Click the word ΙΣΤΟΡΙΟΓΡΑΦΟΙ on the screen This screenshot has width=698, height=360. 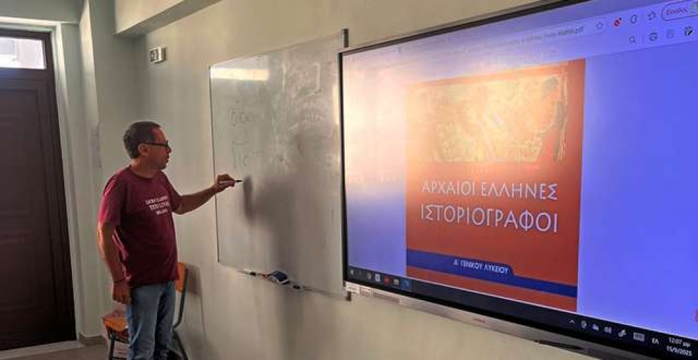[x=489, y=218]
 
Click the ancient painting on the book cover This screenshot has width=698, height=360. [x=489, y=119]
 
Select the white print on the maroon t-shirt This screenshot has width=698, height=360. [x=158, y=205]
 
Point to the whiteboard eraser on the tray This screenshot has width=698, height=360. [x=279, y=277]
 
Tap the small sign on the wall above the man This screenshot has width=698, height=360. [x=156, y=54]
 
